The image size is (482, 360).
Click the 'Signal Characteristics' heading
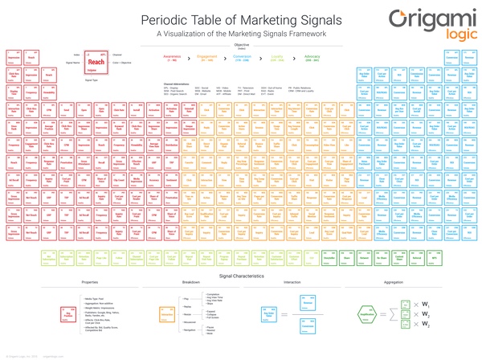tap(240, 274)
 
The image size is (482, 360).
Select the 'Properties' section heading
tap(90, 283)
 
